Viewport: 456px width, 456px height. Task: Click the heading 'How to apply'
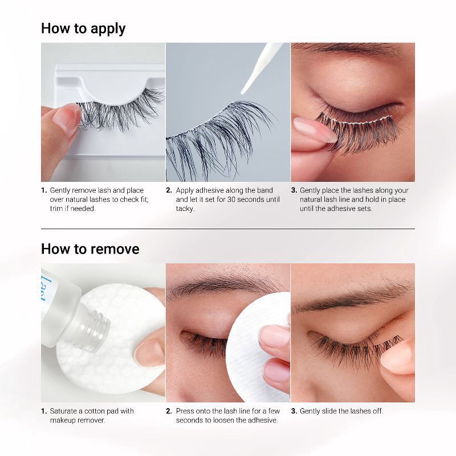coord(83,28)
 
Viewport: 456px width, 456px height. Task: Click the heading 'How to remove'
coord(90,249)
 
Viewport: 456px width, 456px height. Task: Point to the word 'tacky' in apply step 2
coord(185,209)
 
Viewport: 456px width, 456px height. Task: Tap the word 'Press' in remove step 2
coord(185,411)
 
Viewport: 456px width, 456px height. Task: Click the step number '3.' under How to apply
coord(294,190)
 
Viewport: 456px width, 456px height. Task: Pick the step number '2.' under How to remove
coord(169,411)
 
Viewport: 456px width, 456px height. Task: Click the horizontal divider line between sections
coord(228,229)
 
